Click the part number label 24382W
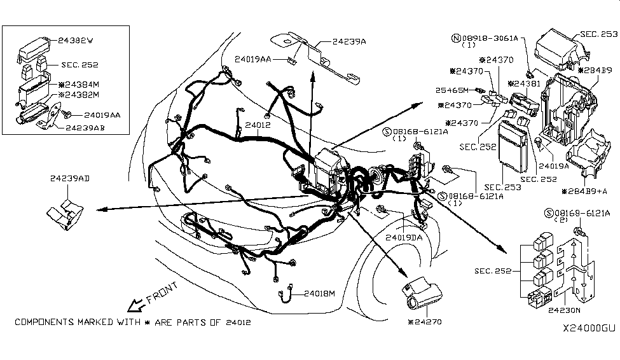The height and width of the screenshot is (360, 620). [76, 39]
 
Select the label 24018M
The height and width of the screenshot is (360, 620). [319, 294]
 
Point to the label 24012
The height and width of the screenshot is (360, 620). [256, 125]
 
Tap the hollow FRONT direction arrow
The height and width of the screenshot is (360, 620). [135, 306]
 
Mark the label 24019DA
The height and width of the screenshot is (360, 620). [404, 237]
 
